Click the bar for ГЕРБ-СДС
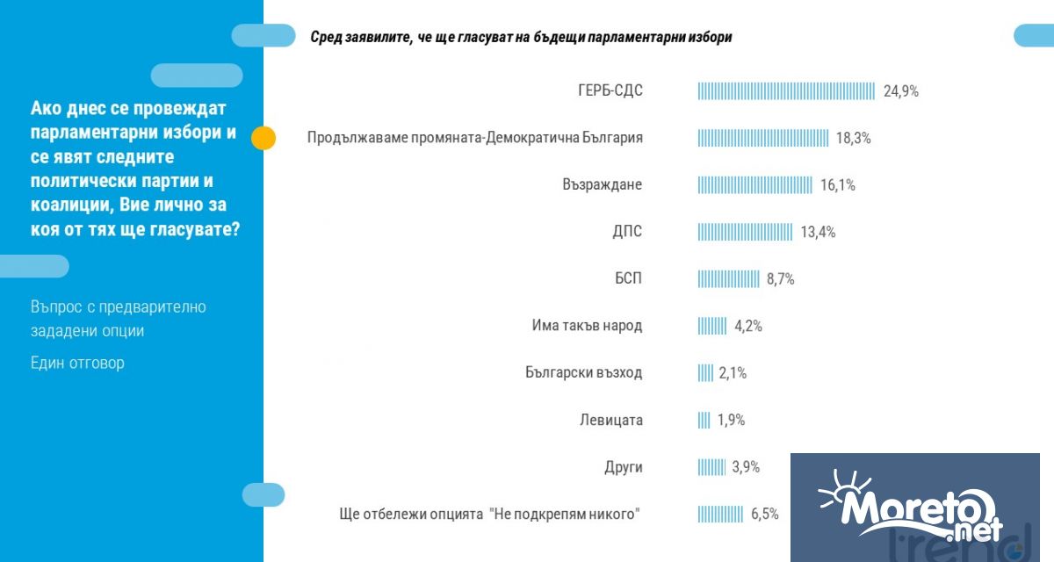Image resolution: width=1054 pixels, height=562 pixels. (x=786, y=91)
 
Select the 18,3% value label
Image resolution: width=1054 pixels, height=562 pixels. (x=853, y=139)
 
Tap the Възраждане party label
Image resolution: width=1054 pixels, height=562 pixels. (x=602, y=185)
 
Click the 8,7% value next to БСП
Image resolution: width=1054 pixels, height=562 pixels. (x=780, y=279)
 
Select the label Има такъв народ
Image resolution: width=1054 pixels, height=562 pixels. (x=587, y=326)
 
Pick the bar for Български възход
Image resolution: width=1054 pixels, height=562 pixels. (x=705, y=372)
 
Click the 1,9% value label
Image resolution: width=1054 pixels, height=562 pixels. (x=731, y=420)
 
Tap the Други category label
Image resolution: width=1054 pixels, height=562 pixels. (x=623, y=467)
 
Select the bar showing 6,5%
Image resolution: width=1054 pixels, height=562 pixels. (x=720, y=514)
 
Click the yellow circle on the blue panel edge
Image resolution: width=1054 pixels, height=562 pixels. (x=263, y=138)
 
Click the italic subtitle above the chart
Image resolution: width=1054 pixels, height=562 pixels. (x=521, y=38)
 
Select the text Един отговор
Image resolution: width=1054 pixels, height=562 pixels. (x=77, y=363)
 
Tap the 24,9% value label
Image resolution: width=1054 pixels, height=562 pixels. (x=900, y=91)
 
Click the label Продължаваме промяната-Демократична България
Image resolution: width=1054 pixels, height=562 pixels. (x=475, y=138)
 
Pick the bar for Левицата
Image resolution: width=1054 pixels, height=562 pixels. (x=704, y=420)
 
